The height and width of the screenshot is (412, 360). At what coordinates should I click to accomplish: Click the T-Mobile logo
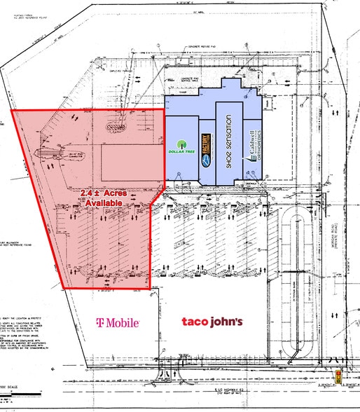click(x=119, y=322)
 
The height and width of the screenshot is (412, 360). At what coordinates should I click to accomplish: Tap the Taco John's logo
click(x=212, y=322)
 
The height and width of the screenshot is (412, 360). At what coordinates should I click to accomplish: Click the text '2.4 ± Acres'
click(x=104, y=193)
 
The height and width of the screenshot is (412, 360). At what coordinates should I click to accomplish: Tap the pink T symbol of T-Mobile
click(x=100, y=322)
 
